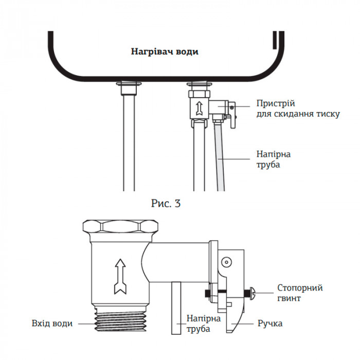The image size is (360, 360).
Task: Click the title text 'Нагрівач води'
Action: [164, 51]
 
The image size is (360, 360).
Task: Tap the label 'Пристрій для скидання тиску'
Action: [298, 109]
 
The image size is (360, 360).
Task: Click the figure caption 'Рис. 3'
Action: [166, 203]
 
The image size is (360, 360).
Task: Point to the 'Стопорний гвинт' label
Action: [300, 293]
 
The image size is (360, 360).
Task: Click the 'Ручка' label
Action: [270, 324]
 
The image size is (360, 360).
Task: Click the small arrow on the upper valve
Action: [198, 107]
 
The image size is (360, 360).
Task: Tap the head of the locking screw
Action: [252, 293]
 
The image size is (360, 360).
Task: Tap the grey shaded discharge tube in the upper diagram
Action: [220, 154]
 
